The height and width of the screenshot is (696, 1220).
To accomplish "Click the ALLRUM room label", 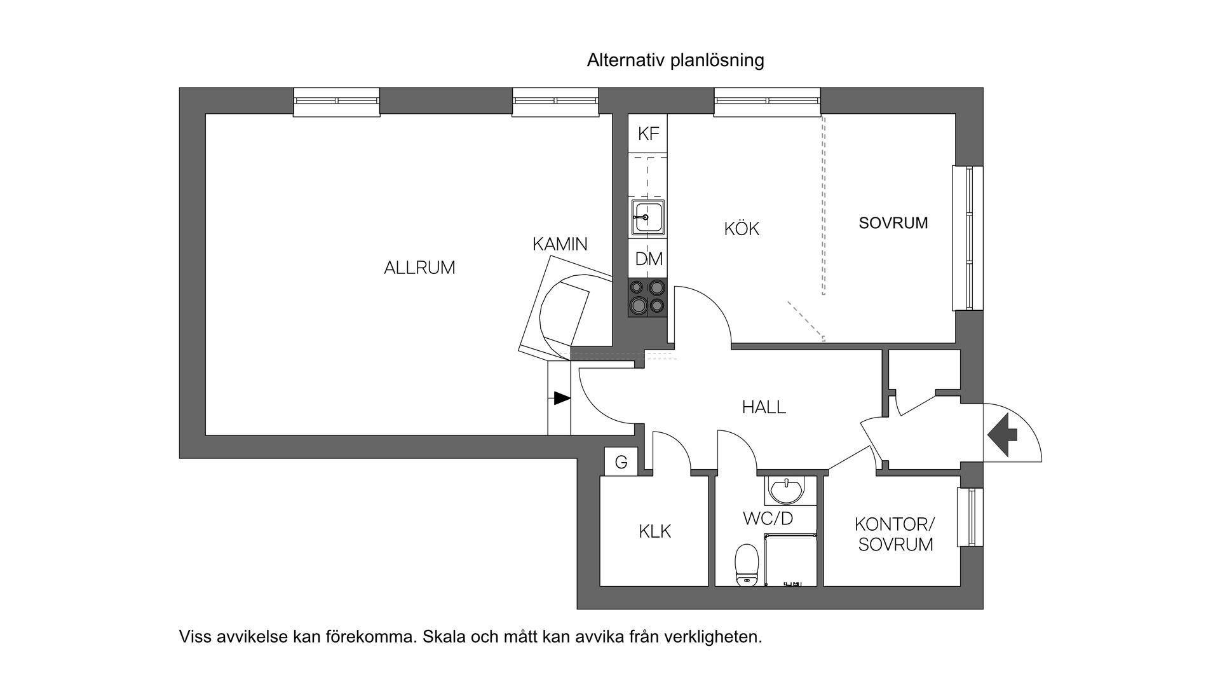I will point(419,268).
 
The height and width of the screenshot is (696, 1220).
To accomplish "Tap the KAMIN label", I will point(560,244).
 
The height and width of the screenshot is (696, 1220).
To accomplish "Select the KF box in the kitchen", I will point(648,133).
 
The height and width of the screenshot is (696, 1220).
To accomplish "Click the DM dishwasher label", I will point(648,259).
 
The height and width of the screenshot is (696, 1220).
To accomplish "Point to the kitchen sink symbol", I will point(648,217).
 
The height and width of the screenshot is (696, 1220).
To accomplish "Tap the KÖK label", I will point(742,229).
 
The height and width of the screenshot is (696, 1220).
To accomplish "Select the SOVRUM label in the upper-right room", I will point(893,223).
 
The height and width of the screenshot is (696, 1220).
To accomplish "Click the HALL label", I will point(764,407).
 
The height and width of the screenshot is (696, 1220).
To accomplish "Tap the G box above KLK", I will point(621,462).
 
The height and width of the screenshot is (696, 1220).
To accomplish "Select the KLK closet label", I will point(654,531).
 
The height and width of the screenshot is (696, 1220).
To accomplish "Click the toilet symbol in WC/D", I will point(747,564).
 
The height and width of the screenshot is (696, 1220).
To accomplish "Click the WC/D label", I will point(768,519).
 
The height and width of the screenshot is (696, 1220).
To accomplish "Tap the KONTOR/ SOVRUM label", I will point(895,534).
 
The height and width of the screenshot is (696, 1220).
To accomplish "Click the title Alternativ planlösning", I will point(675,60).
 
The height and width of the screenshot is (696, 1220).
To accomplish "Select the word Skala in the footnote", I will point(444,637).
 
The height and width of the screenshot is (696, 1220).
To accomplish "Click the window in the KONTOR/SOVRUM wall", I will point(970,517).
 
